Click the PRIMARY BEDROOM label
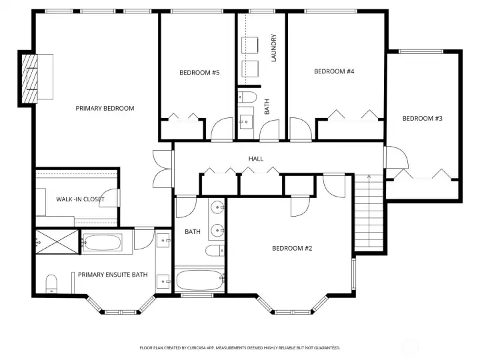point(105,108)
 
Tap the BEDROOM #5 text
point(199,73)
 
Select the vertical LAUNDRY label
point(273,48)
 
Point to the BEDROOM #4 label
point(333,71)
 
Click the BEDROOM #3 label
point(422,118)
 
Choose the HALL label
point(255,159)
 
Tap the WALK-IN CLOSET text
point(80,199)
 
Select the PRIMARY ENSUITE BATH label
point(113,274)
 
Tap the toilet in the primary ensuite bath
point(52,285)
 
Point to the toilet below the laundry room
point(246,98)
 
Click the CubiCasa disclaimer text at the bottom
point(239,347)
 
